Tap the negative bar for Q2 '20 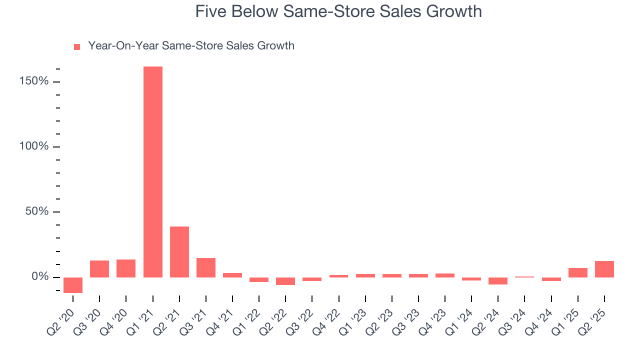tap(73, 285)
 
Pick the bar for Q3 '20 tap(99, 268)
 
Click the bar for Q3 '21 tap(206, 267)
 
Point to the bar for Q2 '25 tap(604, 269)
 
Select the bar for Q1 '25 tap(578, 272)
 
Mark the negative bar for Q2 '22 tap(285, 281)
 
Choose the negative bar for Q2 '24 tap(498, 281)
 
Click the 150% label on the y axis tap(34, 81)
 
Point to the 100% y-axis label tap(34, 146)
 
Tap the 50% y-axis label tap(37, 211)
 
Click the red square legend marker tap(77, 46)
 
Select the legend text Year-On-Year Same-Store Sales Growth tap(191, 46)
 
